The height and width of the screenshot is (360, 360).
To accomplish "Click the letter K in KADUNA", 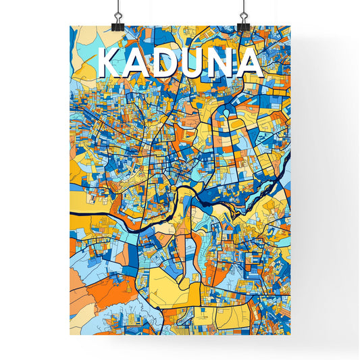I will click(x=110, y=63).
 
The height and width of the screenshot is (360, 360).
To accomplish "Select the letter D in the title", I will click(x=164, y=63).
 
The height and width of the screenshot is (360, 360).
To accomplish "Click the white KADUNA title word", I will click(x=179, y=63).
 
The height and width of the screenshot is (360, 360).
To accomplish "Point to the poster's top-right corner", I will click(x=290, y=26).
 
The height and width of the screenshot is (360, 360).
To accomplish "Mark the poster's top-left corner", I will click(x=70, y=26).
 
